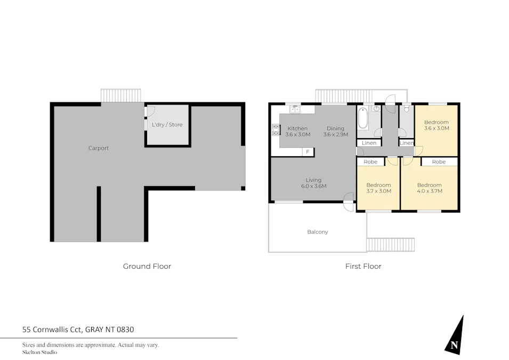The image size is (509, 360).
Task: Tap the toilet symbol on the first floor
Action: [x=407, y=109]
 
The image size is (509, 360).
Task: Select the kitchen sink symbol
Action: [x=295, y=109]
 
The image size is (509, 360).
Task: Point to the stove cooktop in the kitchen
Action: [x=276, y=129]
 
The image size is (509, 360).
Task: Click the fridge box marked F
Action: [x=307, y=152]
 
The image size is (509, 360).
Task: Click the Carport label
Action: [x=99, y=148]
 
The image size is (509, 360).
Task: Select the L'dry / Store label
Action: [x=167, y=125]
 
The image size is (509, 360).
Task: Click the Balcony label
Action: [x=318, y=232]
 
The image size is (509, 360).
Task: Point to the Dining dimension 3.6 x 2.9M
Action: [x=336, y=135]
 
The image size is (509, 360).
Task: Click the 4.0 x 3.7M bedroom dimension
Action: [x=429, y=191]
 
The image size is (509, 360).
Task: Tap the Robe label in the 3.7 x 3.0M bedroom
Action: [x=370, y=162]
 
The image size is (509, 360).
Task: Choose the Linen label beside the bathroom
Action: [x=369, y=143]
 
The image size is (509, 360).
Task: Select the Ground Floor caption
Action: [x=147, y=266]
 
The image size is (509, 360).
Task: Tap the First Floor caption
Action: [x=363, y=266]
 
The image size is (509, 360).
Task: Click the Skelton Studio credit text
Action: [x=39, y=353]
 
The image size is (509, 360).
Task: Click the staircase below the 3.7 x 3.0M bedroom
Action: [x=390, y=245]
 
